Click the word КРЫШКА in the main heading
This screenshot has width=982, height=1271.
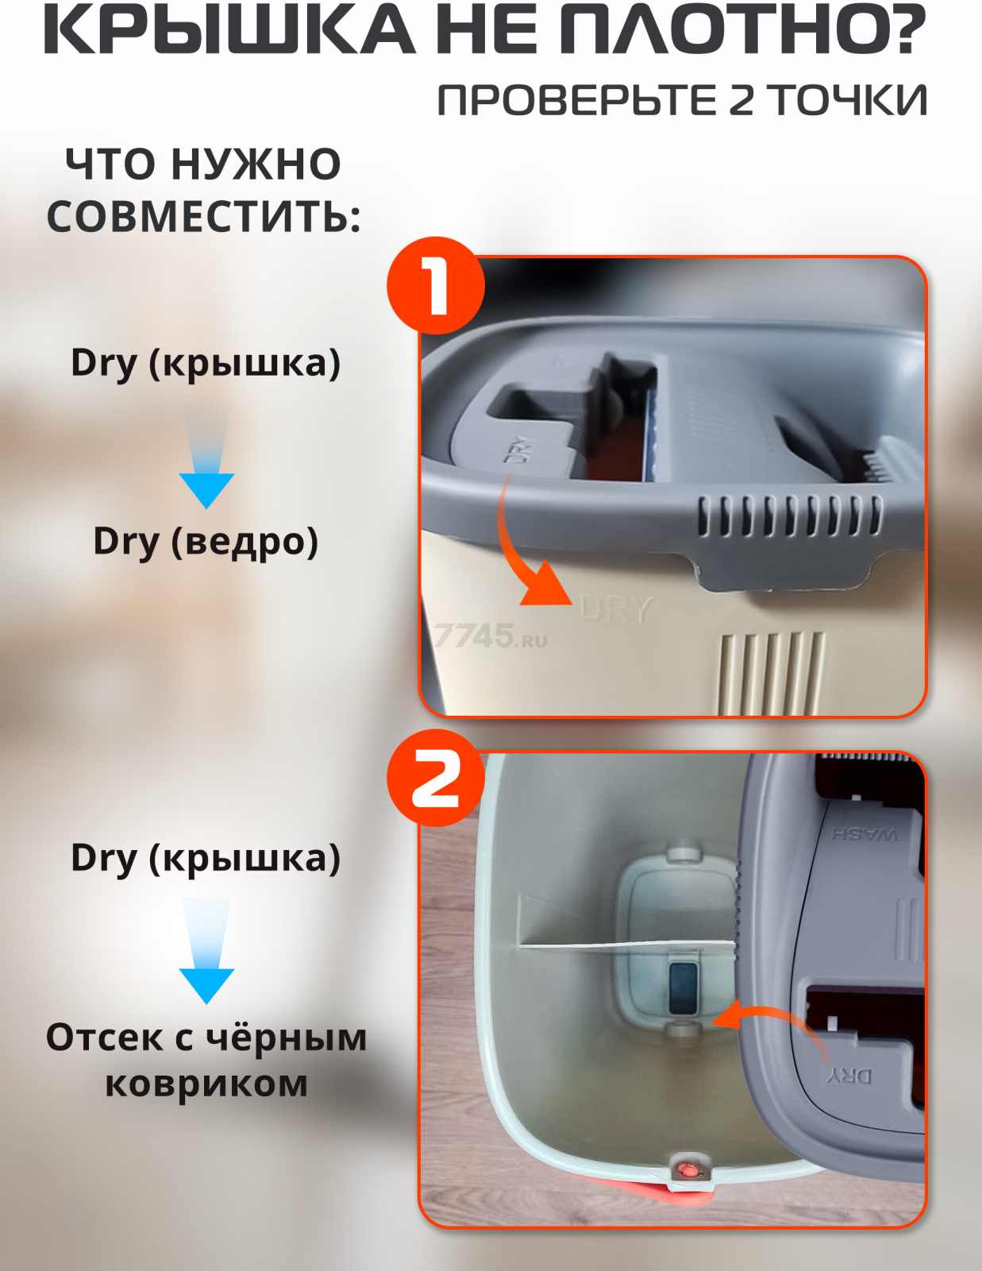point(229,29)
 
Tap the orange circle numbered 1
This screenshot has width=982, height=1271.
point(436,285)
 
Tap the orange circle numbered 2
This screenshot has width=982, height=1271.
point(436,778)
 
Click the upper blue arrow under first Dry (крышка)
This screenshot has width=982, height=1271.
point(206,455)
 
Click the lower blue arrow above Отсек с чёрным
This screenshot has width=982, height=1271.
point(206,951)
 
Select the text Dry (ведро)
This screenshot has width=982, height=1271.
point(206,541)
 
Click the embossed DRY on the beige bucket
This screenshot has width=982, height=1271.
point(616,608)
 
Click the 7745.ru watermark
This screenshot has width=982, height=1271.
point(491,635)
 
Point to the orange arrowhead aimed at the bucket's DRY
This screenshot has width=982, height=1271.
point(547,585)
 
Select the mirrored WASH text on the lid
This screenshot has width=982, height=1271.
point(865,833)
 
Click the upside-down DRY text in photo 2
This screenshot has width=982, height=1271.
point(850,1076)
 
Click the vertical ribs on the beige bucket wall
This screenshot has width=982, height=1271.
point(772,673)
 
